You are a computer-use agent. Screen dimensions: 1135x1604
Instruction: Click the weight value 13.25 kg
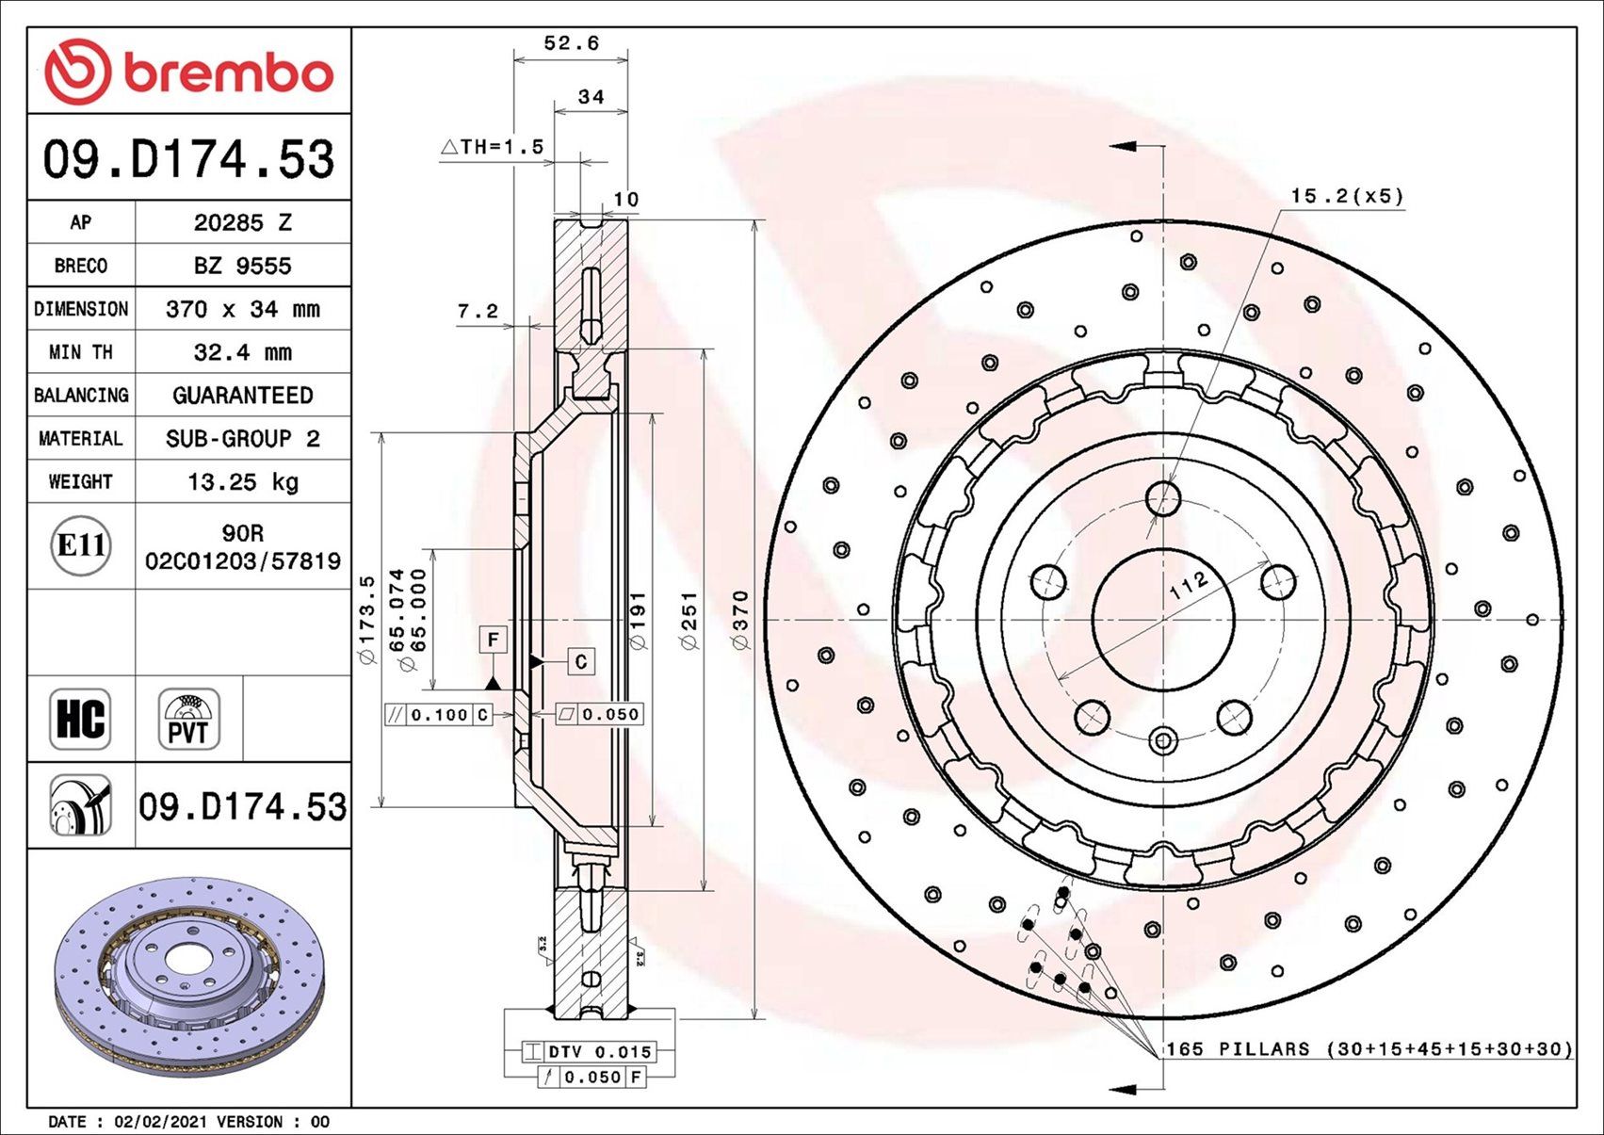pyautogui.click(x=243, y=482)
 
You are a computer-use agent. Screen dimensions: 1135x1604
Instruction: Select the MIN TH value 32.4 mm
pyautogui.click(x=243, y=352)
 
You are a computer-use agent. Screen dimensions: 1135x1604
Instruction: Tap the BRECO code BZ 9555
pyautogui.click(x=243, y=267)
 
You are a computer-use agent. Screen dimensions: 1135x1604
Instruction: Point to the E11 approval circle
pyautogui.click(x=81, y=545)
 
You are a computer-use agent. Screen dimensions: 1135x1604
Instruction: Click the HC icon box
pyautogui.click(x=80, y=719)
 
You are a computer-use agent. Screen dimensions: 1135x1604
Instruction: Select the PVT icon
pyautogui.click(x=189, y=719)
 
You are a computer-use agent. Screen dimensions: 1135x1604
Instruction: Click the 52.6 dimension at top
pyautogui.click(x=571, y=43)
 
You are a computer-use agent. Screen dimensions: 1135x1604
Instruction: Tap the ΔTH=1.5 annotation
pyautogui.click(x=493, y=147)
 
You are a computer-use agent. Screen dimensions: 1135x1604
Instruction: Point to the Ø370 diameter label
pyautogui.click(x=740, y=620)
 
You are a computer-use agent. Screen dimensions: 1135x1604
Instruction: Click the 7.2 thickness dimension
pyautogui.click(x=478, y=312)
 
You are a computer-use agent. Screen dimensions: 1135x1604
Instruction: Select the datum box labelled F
pyautogui.click(x=493, y=640)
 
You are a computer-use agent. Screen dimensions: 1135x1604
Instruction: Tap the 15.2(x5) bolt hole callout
pyautogui.click(x=1346, y=197)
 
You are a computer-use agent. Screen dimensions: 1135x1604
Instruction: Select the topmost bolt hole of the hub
pyautogui.click(x=1164, y=498)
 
